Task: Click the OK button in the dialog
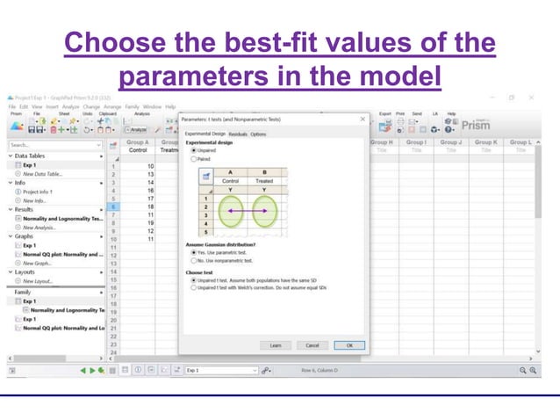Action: [349, 345]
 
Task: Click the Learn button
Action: [276, 345]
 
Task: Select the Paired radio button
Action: [194, 159]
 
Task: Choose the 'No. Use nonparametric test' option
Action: [194, 260]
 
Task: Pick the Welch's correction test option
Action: [194, 287]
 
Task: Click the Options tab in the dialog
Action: [259, 134]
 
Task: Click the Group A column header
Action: [137, 141]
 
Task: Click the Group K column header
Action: [485, 141]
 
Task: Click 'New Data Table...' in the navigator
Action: [44, 174]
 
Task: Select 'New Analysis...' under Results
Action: [42, 227]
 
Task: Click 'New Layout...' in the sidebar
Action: [40, 281]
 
